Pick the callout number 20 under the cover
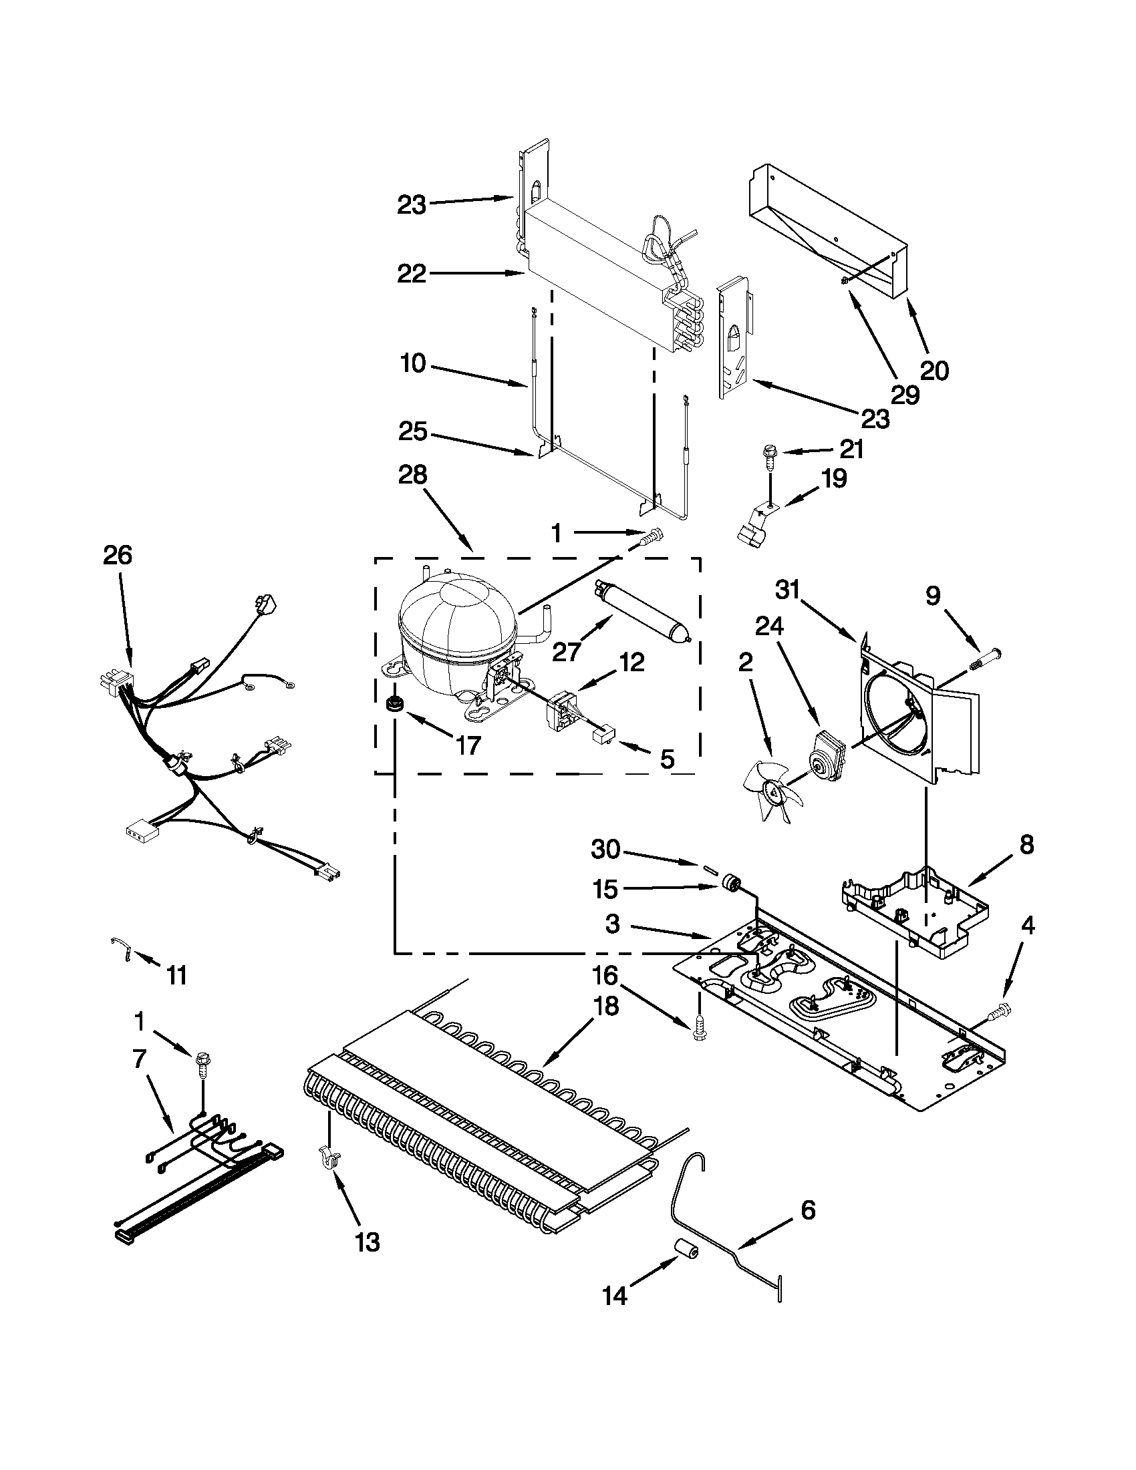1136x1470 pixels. (x=935, y=370)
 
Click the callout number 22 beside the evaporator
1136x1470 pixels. (x=412, y=274)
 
